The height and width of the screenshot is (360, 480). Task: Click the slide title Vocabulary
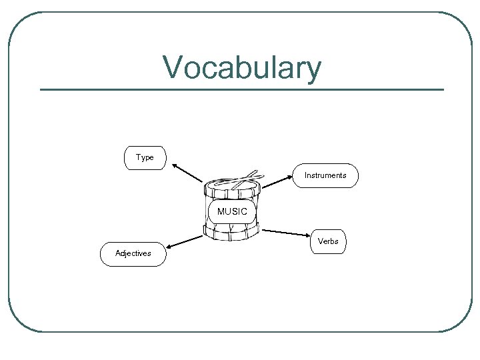241,68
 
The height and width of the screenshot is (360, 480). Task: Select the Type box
145,158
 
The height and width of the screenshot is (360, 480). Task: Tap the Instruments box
325,175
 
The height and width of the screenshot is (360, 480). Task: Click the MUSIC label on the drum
232,211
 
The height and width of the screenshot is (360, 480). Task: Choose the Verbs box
328,241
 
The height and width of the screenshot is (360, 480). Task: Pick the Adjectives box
133,254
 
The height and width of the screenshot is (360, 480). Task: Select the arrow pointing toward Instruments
277,181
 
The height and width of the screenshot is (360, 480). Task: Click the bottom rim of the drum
231,234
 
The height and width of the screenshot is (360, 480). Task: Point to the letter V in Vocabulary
173,68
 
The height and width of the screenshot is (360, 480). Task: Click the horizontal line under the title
241,89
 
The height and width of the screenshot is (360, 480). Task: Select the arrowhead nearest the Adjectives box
170,247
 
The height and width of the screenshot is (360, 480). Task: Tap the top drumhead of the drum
230,185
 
